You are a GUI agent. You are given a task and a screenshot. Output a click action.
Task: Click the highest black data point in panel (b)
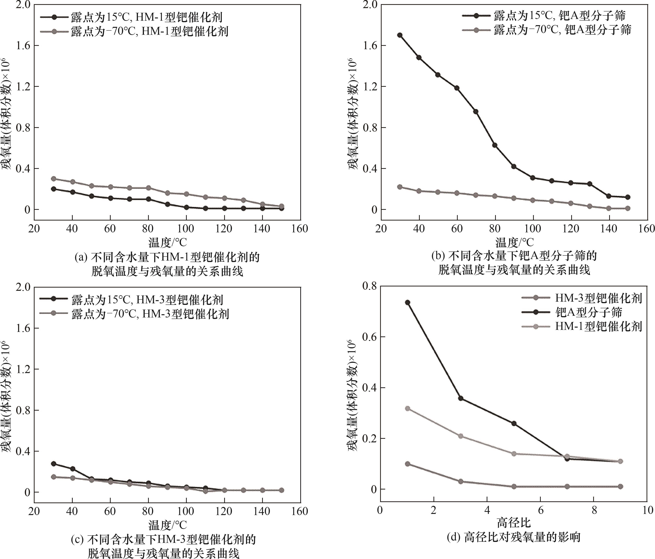pos(400,35)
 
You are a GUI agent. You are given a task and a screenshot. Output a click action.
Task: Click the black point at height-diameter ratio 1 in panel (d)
pos(408,302)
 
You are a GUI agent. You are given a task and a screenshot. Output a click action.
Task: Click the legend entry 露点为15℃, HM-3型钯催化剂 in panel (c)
pos(147,300)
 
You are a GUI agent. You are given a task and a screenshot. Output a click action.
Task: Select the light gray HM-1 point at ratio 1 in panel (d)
pos(408,409)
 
